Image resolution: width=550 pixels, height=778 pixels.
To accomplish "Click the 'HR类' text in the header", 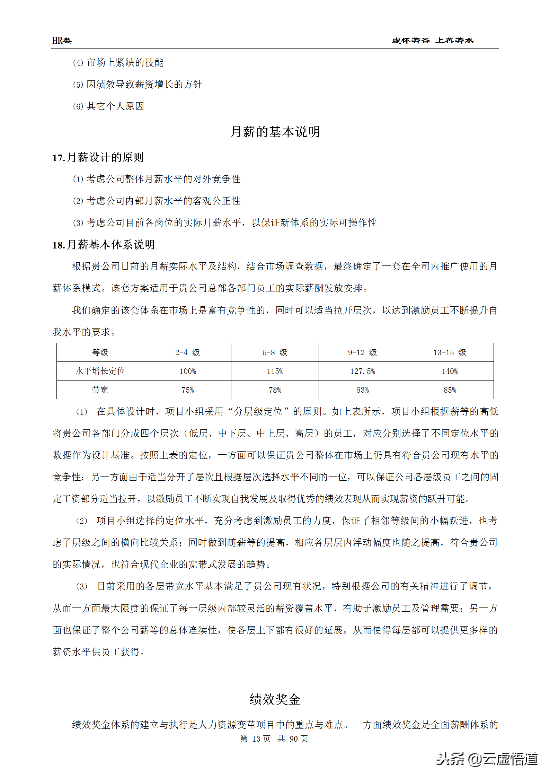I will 62,41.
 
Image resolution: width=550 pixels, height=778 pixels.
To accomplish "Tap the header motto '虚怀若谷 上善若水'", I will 433,41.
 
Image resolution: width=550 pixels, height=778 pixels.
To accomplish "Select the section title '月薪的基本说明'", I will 275,132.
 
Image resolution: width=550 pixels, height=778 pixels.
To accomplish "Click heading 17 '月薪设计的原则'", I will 98,157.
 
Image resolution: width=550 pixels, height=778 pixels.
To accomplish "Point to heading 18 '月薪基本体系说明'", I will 104,245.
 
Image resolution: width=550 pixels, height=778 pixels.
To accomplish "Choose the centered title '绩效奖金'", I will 275,699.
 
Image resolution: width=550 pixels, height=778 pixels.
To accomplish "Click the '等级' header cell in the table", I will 100,352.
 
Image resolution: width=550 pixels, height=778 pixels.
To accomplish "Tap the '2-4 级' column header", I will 187,352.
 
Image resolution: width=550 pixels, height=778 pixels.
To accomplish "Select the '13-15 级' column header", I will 450,352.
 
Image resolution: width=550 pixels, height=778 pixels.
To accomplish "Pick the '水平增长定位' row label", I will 100,371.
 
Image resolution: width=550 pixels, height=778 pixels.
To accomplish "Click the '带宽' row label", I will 100,390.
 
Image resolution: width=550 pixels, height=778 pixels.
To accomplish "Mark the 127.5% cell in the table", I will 362,371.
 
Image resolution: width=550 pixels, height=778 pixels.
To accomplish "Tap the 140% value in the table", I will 450,371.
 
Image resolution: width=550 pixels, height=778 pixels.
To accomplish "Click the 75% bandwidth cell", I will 187,390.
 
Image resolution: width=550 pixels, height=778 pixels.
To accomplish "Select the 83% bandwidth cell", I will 362,390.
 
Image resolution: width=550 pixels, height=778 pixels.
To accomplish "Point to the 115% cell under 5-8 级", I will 275,371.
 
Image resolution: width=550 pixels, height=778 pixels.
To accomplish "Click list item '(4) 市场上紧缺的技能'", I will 118,63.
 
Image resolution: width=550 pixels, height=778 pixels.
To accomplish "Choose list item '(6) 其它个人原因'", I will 108,106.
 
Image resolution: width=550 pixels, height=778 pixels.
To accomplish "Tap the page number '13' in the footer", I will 256,738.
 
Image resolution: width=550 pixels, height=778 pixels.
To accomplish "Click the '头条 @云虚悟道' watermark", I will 486,759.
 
